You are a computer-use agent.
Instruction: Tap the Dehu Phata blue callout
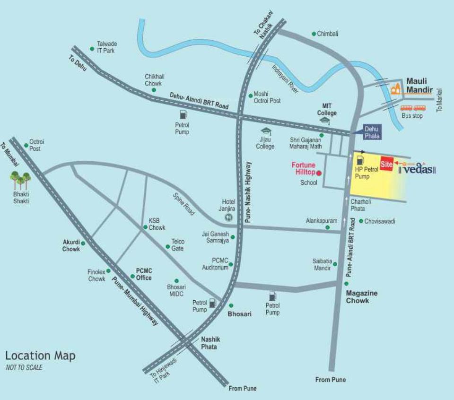pos(371,133)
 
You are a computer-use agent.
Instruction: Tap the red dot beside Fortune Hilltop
pos(319,173)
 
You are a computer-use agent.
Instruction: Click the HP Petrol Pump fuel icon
pos(360,159)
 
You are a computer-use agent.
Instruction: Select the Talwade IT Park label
pos(106,46)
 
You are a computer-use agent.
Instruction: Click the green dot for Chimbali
pos(314,34)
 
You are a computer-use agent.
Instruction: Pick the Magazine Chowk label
pos(362,296)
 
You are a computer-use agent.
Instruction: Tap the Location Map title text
pos(40,356)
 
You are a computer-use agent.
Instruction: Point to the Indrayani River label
pos(285,78)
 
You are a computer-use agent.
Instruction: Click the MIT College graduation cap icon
pos(324,121)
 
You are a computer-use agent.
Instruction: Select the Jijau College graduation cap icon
pos(265,131)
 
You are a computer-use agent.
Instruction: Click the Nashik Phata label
pos(210,343)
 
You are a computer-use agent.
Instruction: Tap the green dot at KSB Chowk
pos(146,227)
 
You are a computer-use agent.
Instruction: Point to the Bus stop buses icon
pos(412,108)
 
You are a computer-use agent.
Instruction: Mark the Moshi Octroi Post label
pos(267,97)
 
